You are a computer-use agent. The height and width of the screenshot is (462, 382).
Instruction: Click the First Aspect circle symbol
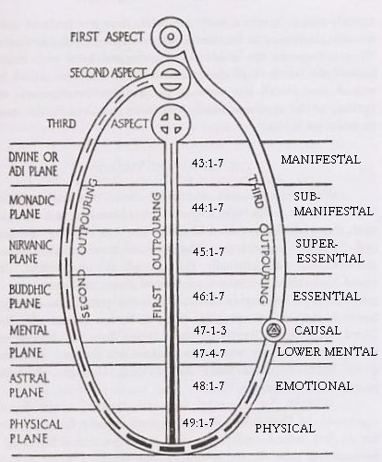pos(171,37)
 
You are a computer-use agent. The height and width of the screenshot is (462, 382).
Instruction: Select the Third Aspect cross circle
pos(172,123)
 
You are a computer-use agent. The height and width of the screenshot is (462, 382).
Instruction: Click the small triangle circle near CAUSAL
pos(272,330)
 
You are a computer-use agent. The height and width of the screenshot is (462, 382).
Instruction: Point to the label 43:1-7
pos(208,164)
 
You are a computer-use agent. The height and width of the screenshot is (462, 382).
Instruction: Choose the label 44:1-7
pos(208,208)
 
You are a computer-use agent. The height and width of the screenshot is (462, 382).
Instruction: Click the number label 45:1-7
pos(209,252)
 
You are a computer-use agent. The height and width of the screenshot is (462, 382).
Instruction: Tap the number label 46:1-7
pos(209,296)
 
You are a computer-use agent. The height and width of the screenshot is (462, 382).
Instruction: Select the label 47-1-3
pos(210,331)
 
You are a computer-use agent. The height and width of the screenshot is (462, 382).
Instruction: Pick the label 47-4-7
pos(209,353)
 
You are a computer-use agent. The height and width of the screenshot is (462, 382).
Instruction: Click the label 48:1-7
pos(209,385)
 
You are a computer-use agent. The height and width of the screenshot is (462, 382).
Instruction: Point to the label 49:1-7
pos(198,423)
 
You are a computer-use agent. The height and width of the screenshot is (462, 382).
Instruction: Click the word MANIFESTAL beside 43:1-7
pos(320,160)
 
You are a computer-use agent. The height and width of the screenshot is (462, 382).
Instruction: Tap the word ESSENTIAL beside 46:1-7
pos(327,297)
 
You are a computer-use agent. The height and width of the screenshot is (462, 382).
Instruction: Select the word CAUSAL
pos(317,331)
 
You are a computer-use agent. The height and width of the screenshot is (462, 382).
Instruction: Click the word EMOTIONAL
pos(314,386)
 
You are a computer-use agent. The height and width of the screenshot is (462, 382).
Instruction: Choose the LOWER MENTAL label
pos(328,351)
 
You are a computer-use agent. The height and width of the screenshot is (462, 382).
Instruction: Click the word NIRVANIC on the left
pos(30,246)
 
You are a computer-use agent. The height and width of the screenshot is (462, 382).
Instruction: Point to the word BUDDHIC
pos(30,290)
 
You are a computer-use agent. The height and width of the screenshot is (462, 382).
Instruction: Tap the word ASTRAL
pos(30,379)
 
